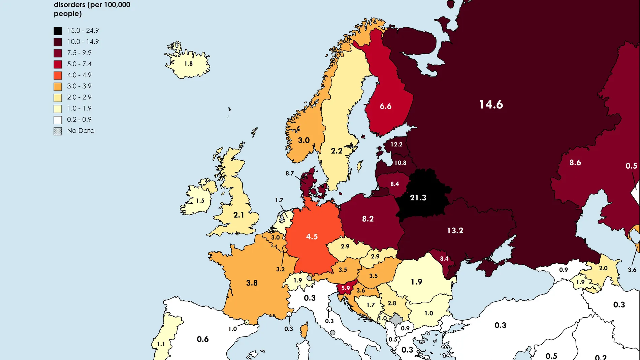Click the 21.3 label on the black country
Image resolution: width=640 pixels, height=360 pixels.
click(x=418, y=198)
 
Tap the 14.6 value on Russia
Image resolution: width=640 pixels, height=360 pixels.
click(x=491, y=104)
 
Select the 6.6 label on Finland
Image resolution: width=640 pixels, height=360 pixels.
click(x=385, y=106)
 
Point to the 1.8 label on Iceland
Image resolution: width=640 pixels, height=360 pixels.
click(x=188, y=64)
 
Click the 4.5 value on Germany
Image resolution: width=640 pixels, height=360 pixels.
click(x=312, y=237)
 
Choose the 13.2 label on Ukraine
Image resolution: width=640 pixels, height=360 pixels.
click(x=455, y=231)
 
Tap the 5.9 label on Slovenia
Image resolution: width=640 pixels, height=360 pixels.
click(x=346, y=288)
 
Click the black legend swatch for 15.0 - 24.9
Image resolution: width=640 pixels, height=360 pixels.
click(x=58, y=31)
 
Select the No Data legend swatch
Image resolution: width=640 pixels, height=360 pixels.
click(x=58, y=131)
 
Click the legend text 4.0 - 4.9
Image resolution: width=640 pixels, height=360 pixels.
click(x=79, y=75)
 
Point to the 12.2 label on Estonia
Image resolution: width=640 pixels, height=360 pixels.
click(x=396, y=144)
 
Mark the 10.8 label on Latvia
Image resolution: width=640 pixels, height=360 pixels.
click(x=400, y=163)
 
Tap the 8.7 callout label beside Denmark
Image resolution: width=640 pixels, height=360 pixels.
click(x=290, y=173)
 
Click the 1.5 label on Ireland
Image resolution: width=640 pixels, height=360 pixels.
click(x=200, y=201)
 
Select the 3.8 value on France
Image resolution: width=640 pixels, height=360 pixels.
click(x=252, y=283)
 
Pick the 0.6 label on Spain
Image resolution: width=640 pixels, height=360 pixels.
click(x=202, y=339)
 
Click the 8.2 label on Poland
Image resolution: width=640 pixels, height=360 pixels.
click(x=367, y=219)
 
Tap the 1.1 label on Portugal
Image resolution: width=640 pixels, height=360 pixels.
click(x=161, y=344)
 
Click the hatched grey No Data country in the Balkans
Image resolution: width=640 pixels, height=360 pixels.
click(x=396, y=319)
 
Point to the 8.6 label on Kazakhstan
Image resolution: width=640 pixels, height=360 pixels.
click(x=575, y=163)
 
